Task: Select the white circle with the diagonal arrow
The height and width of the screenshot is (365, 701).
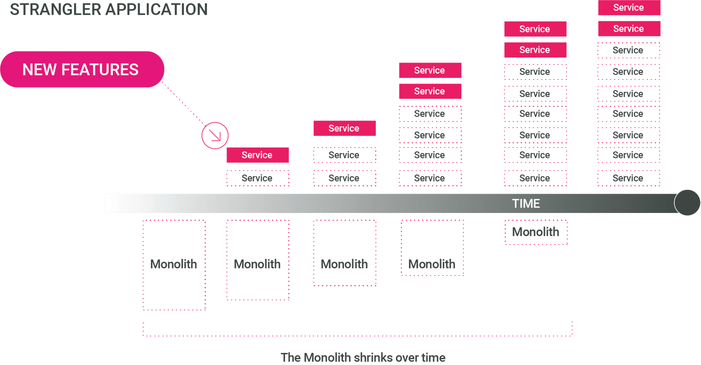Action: click(x=215, y=136)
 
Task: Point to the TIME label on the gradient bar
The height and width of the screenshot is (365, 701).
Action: click(x=526, y=203)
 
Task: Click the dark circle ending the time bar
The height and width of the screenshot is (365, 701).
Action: click(x=687, y=203)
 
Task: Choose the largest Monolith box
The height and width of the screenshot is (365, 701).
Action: click(x=174, y=265)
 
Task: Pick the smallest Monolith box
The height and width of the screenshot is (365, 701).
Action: click(x=536, y=232)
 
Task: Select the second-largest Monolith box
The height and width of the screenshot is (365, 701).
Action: click(x=257, y=260)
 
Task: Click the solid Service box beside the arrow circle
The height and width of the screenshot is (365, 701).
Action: click(x=257, y=155)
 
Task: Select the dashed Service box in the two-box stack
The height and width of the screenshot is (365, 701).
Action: click(x=257, y=178)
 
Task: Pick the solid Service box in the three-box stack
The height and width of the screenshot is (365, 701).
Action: click(x=344, y=128)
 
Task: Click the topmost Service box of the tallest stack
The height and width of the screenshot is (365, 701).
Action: click(x=629, y=8)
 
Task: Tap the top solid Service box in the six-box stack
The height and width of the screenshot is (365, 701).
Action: click(x=430, y=70)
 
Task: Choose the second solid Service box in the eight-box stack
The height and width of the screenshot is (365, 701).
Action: click(x=535, y=50)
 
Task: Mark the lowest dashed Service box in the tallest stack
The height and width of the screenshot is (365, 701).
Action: click(x=629, y=178)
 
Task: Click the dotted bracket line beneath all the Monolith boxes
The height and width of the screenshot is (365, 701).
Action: click(x=357, y=336)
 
